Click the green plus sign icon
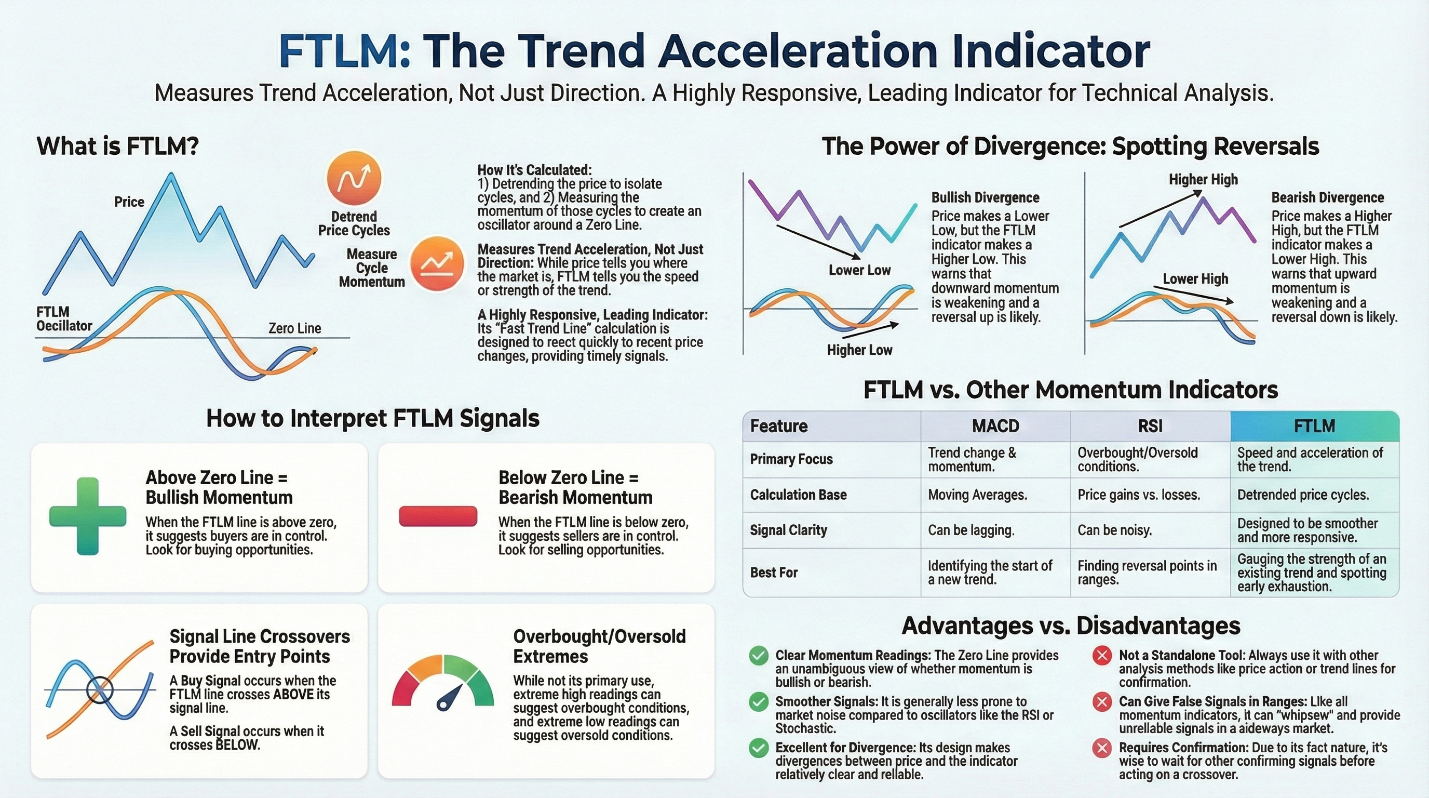pos(88,516)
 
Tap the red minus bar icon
pos(438,516)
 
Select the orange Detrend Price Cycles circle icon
pos(354,178)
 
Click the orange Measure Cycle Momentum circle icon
pos(437,264)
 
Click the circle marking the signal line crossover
pos(100,690)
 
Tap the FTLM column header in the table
pos(1314,426)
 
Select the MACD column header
pos(995,426)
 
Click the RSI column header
pos(1150,426)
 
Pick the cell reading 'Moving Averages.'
pos(977,495)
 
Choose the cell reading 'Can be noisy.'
pos(1114,530)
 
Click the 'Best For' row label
pos(774,573)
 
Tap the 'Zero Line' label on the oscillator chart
pos(294,328)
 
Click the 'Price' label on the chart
pos(129,202)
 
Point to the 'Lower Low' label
pos(859,270)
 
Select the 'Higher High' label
pos(1203,179)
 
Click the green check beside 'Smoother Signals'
pos(758,702)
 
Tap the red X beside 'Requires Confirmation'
pos(1102,748)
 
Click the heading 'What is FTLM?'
pos(117,147)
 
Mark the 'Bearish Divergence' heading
pos(1327,197)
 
